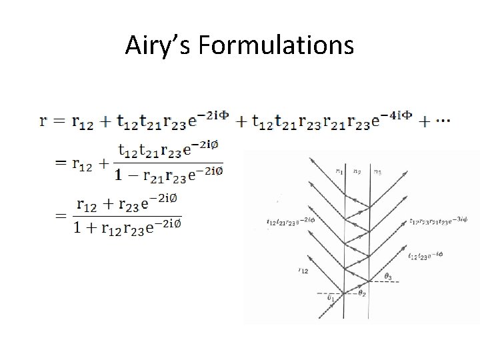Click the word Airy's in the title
[x=159, y=45]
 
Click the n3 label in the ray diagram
[x=378, y=171]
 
